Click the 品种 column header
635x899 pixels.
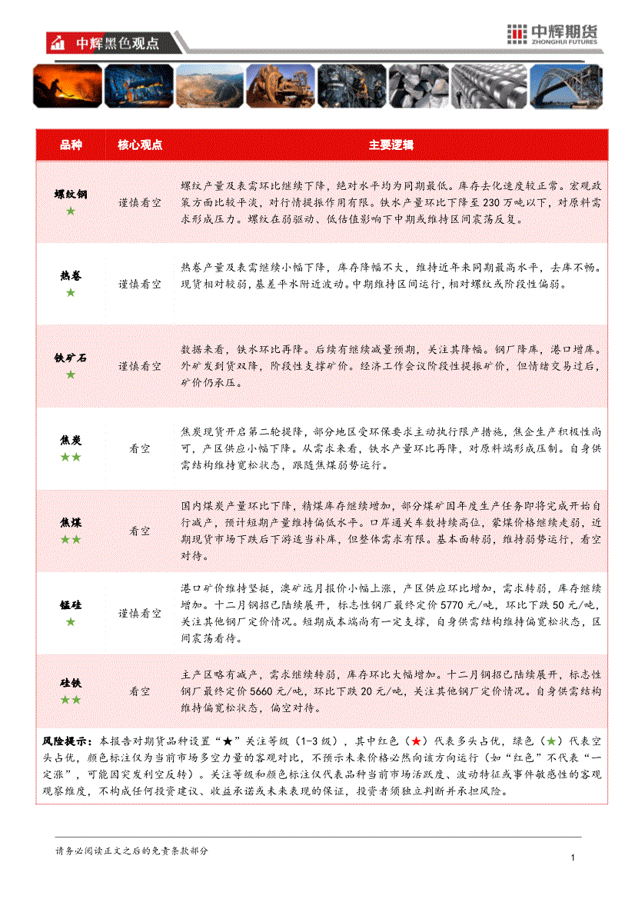(71, 145)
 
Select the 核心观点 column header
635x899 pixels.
(140, 145)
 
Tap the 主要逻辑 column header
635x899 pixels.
(391, 145)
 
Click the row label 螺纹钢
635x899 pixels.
(71, 195)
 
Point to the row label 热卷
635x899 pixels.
(71, 276)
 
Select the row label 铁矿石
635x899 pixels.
(71, 358)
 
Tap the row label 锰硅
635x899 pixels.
(71, 605)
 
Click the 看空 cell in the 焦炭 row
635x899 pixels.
(140, 448)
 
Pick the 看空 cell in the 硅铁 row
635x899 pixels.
(140, 691)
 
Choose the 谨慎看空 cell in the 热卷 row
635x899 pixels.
(140, 284)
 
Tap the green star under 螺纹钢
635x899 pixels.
(71, 211)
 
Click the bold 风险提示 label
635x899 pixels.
(65, 741)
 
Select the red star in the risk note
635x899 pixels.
(415, 741)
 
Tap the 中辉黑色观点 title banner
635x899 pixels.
(115, 44)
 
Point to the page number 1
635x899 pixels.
(573, 858)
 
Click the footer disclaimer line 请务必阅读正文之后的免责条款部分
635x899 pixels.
(131, 851)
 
